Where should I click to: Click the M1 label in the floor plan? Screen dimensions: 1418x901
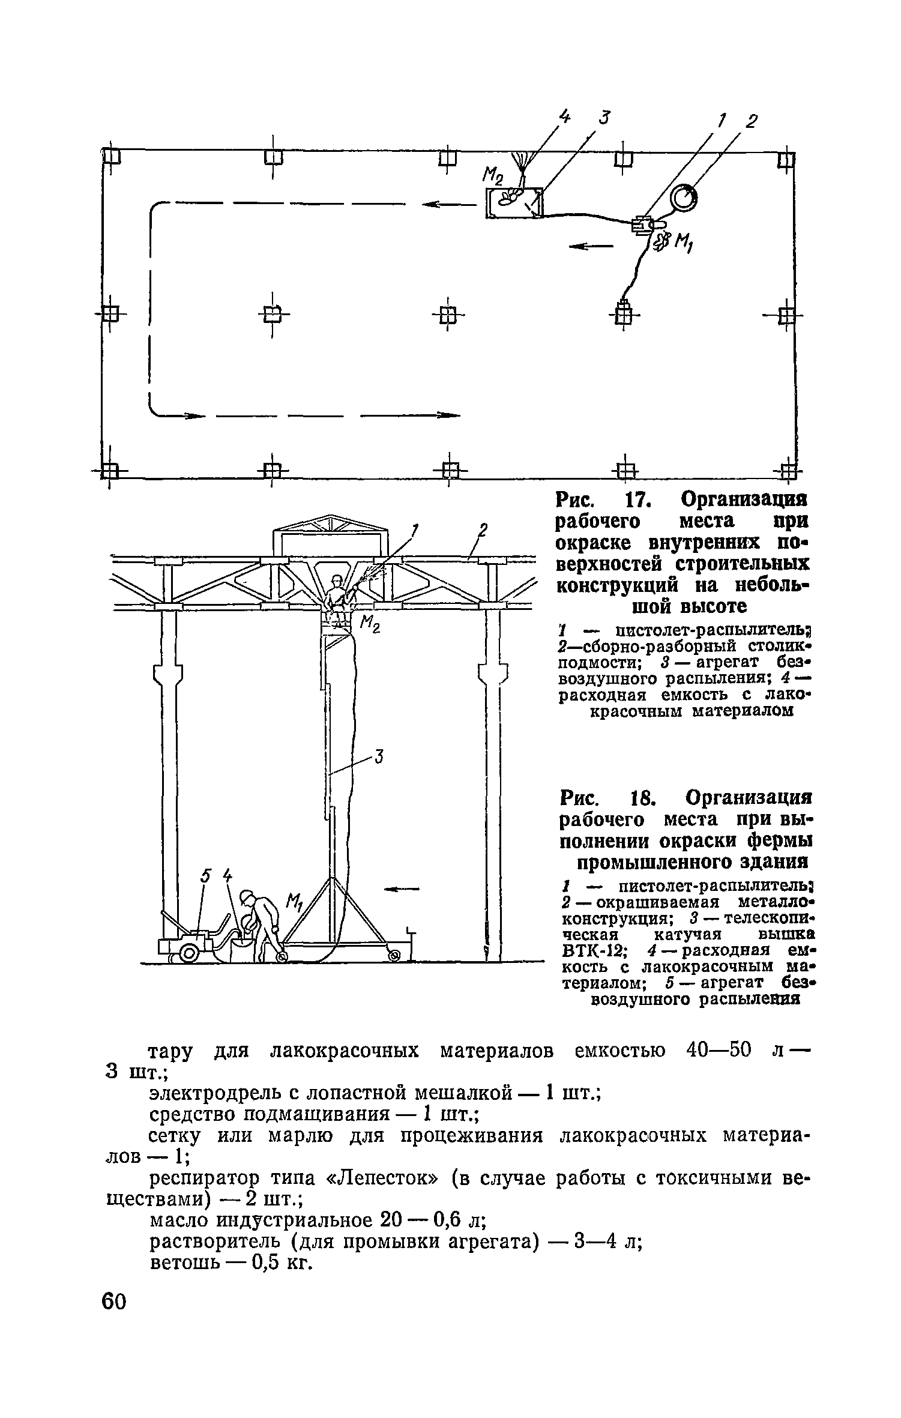[x=683, y=243]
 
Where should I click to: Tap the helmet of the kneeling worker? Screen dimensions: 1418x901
[x=246, y=898]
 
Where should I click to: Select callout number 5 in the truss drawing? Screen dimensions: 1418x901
[x=206, y=877]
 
